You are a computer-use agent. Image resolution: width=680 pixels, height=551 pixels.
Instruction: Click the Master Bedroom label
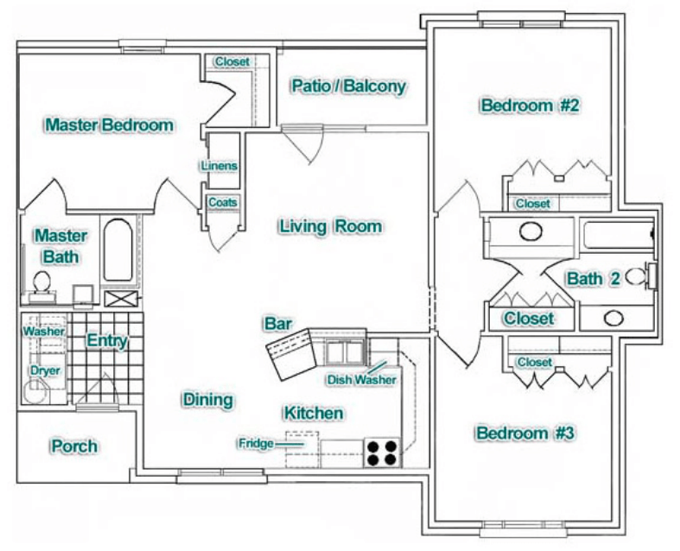coord(110,125)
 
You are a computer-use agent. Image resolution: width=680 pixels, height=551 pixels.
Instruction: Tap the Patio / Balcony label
coord(348,86)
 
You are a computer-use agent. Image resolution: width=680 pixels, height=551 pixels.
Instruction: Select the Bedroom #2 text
coord(529,106)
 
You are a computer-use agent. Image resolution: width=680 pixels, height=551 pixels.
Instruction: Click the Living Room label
coord(330,226)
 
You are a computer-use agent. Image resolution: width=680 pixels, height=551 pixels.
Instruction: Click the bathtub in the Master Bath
coord(117,250)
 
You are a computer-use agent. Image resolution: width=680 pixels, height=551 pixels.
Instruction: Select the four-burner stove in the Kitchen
coord(383,453)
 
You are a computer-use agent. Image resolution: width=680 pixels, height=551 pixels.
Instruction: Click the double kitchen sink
coord(345,352)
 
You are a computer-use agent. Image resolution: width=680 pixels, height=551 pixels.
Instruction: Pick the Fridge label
coord(256,444)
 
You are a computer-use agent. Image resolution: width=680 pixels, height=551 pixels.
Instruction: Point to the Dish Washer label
coord(361,379)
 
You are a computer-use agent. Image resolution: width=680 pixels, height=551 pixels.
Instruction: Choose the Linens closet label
coord(219,166)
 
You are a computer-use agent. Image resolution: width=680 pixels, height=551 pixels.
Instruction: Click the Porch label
coord(73,446)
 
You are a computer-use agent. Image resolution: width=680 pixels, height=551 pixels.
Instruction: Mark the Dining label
coord(207,400)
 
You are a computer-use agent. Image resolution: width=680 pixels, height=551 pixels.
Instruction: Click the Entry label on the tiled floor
coord(107,341)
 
